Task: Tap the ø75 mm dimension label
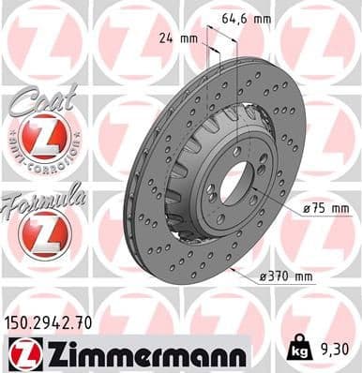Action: (x=327, y=208)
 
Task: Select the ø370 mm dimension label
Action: (x=287, y=276)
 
